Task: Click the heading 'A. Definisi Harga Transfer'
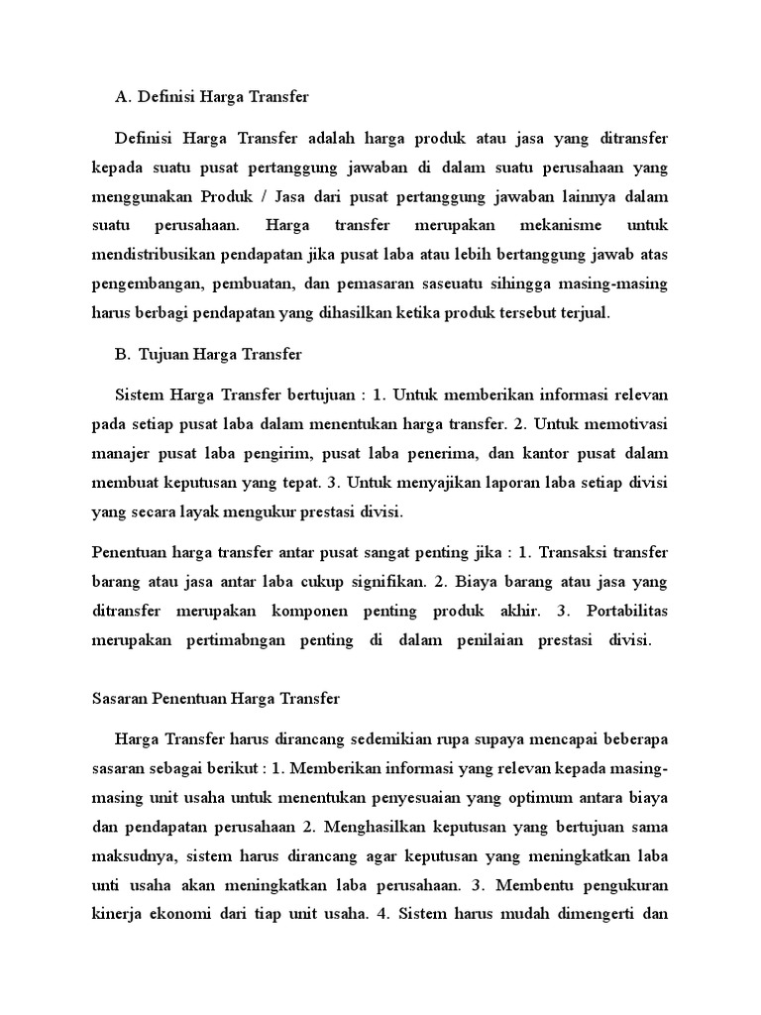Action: point(212,97)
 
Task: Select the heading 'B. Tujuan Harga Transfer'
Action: point(209,353)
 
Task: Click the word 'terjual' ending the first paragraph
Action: point(589,313)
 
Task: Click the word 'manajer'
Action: point(121,454)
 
